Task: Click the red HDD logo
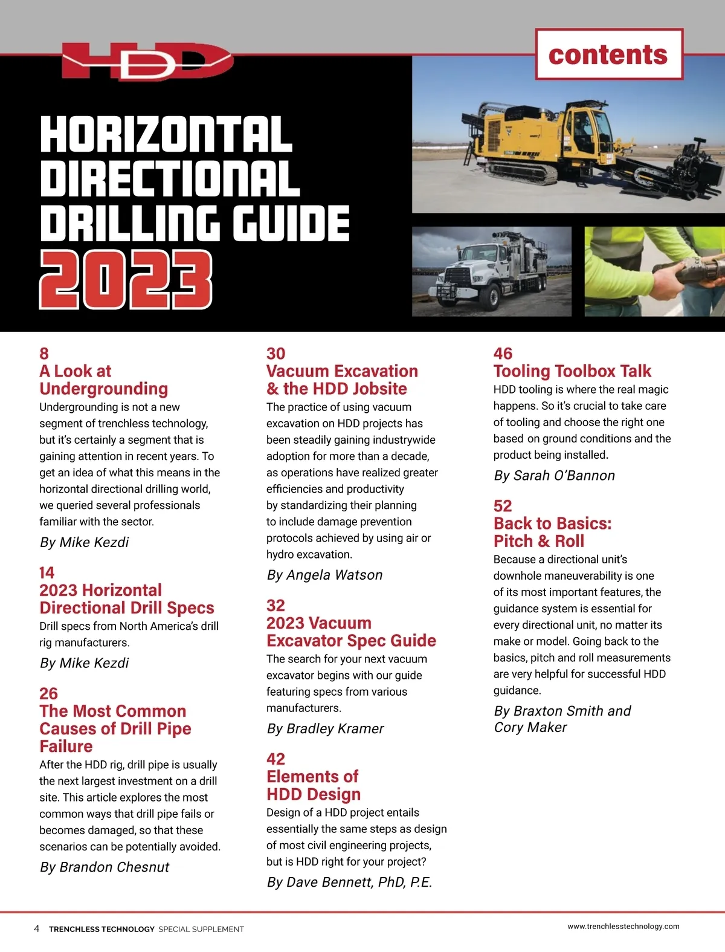click(x=147, y=62)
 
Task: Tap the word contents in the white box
click(x=608, y=55)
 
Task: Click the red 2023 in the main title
click(x=126, y=280)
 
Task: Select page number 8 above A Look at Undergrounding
click(x=44, y=354)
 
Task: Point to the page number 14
click(x=47, y=572)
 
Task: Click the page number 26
click(x=48, y=693)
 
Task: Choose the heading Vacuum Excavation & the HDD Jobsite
click(x=342, y=380)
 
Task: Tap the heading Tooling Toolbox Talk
click(x=572, y=371)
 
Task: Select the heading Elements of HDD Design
click(x=313, y=785)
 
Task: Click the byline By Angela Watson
click(x=324, y=575)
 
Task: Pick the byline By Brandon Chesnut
click(x=104, y=867)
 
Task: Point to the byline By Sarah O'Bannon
click(x=554, y=476)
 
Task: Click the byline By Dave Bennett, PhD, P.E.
click(x=349, y=882)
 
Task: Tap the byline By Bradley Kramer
click(x=325, y=729)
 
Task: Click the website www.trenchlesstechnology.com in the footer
click(x=623, y=926)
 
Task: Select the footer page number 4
click(x=37, y=928)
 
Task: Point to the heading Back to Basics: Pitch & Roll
click(x=552, y=532)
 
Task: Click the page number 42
click(x=275, y=759)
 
